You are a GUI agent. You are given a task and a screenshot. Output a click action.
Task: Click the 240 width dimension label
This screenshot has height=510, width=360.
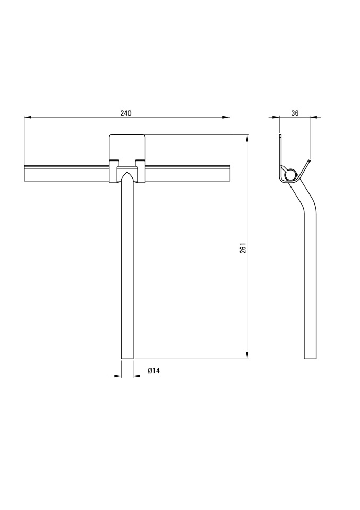coord(125,113)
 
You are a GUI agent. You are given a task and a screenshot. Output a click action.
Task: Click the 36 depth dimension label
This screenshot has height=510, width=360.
coord(295,113)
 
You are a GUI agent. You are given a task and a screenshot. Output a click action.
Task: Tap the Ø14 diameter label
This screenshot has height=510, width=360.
coord(153,370)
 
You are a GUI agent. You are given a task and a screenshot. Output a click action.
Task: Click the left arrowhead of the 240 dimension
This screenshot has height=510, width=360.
coord(27,117)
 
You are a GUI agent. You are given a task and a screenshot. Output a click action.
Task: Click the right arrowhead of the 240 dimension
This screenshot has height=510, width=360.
coord(227,117)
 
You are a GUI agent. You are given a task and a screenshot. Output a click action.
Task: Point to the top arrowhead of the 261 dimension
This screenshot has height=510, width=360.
coord(247,138)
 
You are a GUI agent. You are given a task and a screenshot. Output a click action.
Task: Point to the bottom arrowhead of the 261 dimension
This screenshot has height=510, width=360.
coord(247,355)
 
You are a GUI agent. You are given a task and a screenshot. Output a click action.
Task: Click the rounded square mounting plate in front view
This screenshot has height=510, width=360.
coord(127,147)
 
